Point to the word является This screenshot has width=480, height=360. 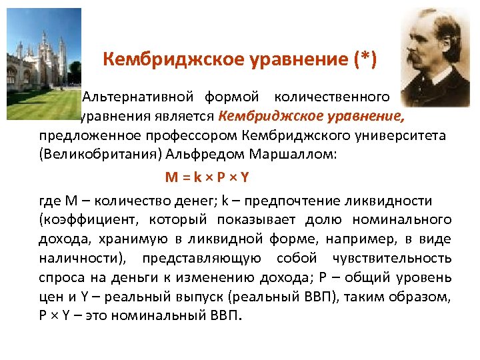click(x=182, y=117)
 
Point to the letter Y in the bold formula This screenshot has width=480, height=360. click(x=245, y=177)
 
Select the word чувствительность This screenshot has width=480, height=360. click(x=395, y=258)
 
